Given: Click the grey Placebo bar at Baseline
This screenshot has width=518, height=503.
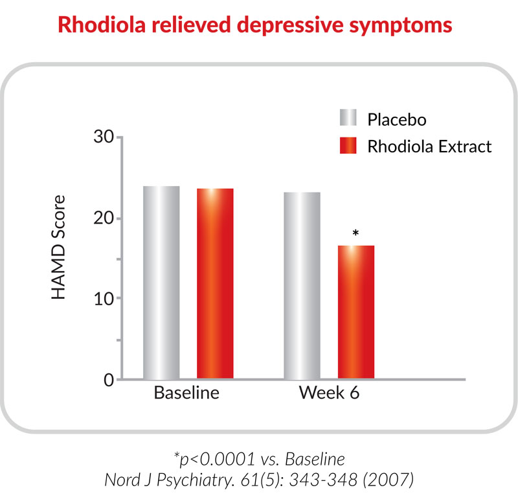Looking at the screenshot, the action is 161,283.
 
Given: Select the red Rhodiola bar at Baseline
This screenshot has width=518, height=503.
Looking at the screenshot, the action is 215,283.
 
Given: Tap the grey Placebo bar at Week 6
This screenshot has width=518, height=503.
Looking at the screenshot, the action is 302,285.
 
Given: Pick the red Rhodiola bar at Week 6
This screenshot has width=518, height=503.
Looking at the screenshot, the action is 355,312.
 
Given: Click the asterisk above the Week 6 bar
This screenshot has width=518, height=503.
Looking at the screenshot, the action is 355,233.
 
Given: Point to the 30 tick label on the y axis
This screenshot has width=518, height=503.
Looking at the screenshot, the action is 104,136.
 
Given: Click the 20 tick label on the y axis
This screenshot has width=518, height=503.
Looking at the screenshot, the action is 104,218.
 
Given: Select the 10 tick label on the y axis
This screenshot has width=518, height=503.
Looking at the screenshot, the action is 104,299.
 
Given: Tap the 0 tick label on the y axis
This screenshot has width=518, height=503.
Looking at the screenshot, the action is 109,380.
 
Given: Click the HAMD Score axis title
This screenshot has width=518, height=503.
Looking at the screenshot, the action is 58,247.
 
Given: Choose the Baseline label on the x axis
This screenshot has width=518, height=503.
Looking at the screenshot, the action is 186,393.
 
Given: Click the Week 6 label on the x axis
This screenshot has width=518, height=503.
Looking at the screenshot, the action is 329,393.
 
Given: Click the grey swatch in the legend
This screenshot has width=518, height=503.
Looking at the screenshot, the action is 348,117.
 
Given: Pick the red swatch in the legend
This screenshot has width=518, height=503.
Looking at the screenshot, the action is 348,145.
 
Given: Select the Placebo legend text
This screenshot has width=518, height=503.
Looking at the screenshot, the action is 397,119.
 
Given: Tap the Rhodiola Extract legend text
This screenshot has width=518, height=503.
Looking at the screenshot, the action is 429,146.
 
